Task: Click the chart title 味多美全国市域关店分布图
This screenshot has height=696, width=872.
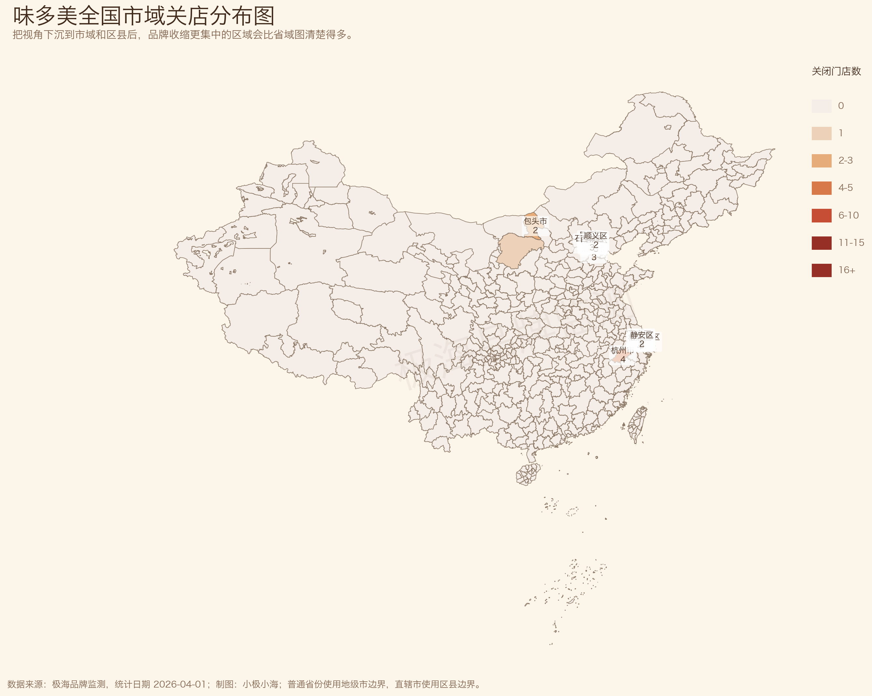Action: pos(144,16)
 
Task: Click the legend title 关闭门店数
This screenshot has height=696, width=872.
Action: pos(836,72)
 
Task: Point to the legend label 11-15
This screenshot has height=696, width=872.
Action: pos(851,243)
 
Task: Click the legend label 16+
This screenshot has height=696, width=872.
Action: pos(847,270)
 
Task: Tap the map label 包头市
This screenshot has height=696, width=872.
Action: pos(535,221)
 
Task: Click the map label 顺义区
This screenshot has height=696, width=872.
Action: pos(595,236)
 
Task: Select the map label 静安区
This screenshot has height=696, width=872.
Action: pos(642,335)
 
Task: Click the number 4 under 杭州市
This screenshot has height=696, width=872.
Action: pos(623,359)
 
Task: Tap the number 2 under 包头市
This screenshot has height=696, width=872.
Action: pos(535,230)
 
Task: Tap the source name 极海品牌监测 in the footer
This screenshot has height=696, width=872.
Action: pos(79,684)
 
